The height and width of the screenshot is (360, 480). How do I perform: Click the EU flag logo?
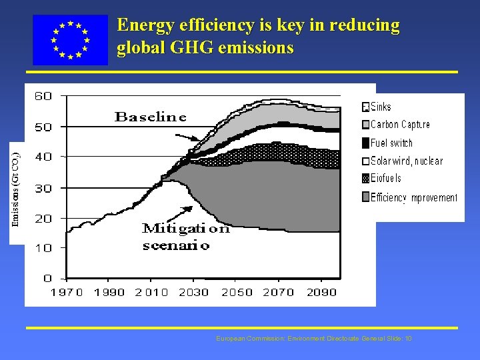coord(70,40)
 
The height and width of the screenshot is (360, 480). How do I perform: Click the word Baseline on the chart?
coord(151,117)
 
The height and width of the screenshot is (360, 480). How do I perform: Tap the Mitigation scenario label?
coord(185,237)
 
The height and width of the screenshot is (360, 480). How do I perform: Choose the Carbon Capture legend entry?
coord(396,125)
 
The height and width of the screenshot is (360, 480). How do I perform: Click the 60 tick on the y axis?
coord(43,96)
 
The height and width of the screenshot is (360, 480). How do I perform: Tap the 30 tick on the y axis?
coord(43,189)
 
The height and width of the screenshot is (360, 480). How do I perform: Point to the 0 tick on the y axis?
coord(47,278)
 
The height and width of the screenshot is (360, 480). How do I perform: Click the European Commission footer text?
coord(314,339)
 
